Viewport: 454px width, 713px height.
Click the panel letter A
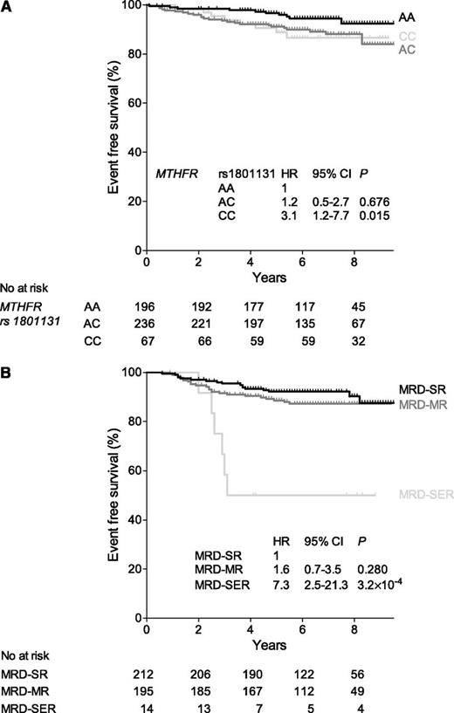(x=6, y=8)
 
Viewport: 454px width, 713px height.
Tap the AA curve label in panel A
(x=406, y=17)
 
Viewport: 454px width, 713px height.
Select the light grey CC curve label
(x=406, y=36)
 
